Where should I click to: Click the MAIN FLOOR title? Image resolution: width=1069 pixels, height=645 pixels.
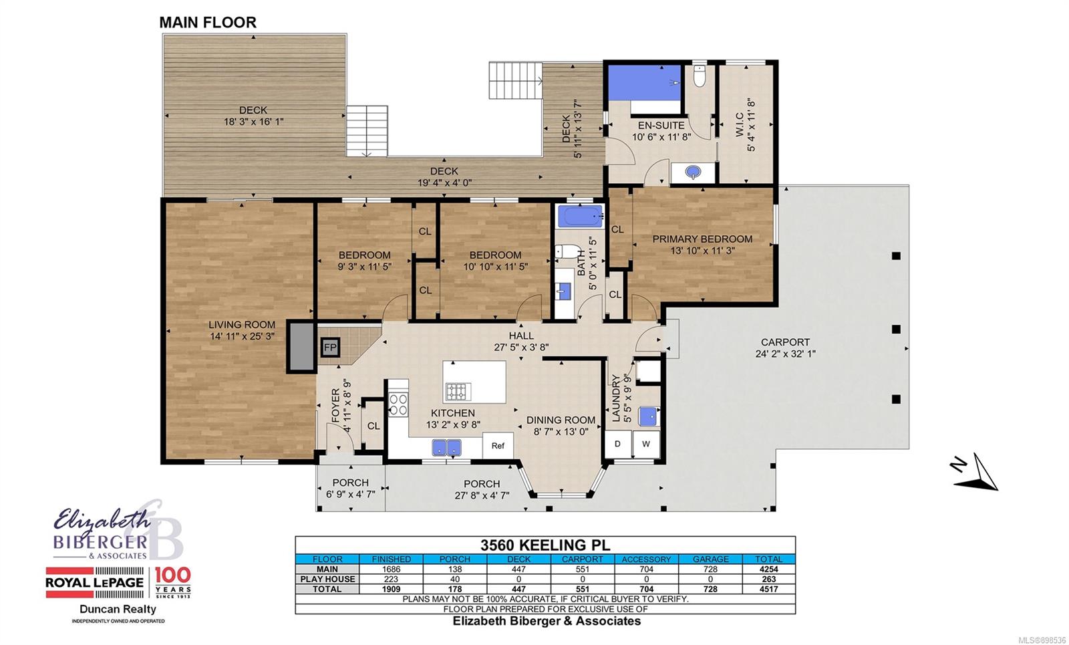coord(208,23)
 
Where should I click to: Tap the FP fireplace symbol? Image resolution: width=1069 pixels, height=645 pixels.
coord(330,348)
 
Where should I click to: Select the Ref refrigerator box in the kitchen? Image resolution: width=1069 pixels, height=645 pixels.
coord(498,445)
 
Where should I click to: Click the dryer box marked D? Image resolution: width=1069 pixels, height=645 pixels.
coord(617,444)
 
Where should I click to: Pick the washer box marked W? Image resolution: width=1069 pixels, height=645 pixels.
coord(646,444)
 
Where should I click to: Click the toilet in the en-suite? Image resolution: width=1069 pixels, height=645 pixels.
coord(700,76)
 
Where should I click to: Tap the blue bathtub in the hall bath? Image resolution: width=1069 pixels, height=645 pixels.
coord(581,217)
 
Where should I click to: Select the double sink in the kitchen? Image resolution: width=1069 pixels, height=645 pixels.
coord(447,448)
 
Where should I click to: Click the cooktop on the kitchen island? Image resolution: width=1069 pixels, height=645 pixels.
coord(458,392)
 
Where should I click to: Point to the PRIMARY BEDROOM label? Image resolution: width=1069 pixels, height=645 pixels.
coord(702,239)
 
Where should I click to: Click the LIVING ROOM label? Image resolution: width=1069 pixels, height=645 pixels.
coord(242,325)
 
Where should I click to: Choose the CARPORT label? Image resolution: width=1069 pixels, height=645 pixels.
coord(785,342)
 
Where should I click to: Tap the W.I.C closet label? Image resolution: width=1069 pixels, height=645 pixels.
coord(739,124)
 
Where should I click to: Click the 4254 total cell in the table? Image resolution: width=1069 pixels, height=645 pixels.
coord(769,569)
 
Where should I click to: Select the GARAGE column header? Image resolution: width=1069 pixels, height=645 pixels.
coord(711,559)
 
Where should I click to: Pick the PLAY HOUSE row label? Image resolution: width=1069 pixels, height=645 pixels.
coord(327,579)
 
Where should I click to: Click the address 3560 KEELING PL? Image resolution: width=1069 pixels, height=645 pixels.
coord(545,545)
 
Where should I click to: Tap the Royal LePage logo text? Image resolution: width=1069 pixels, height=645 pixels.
coord(94,582)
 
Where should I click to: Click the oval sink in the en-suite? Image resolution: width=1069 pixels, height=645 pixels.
coord(693,172)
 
